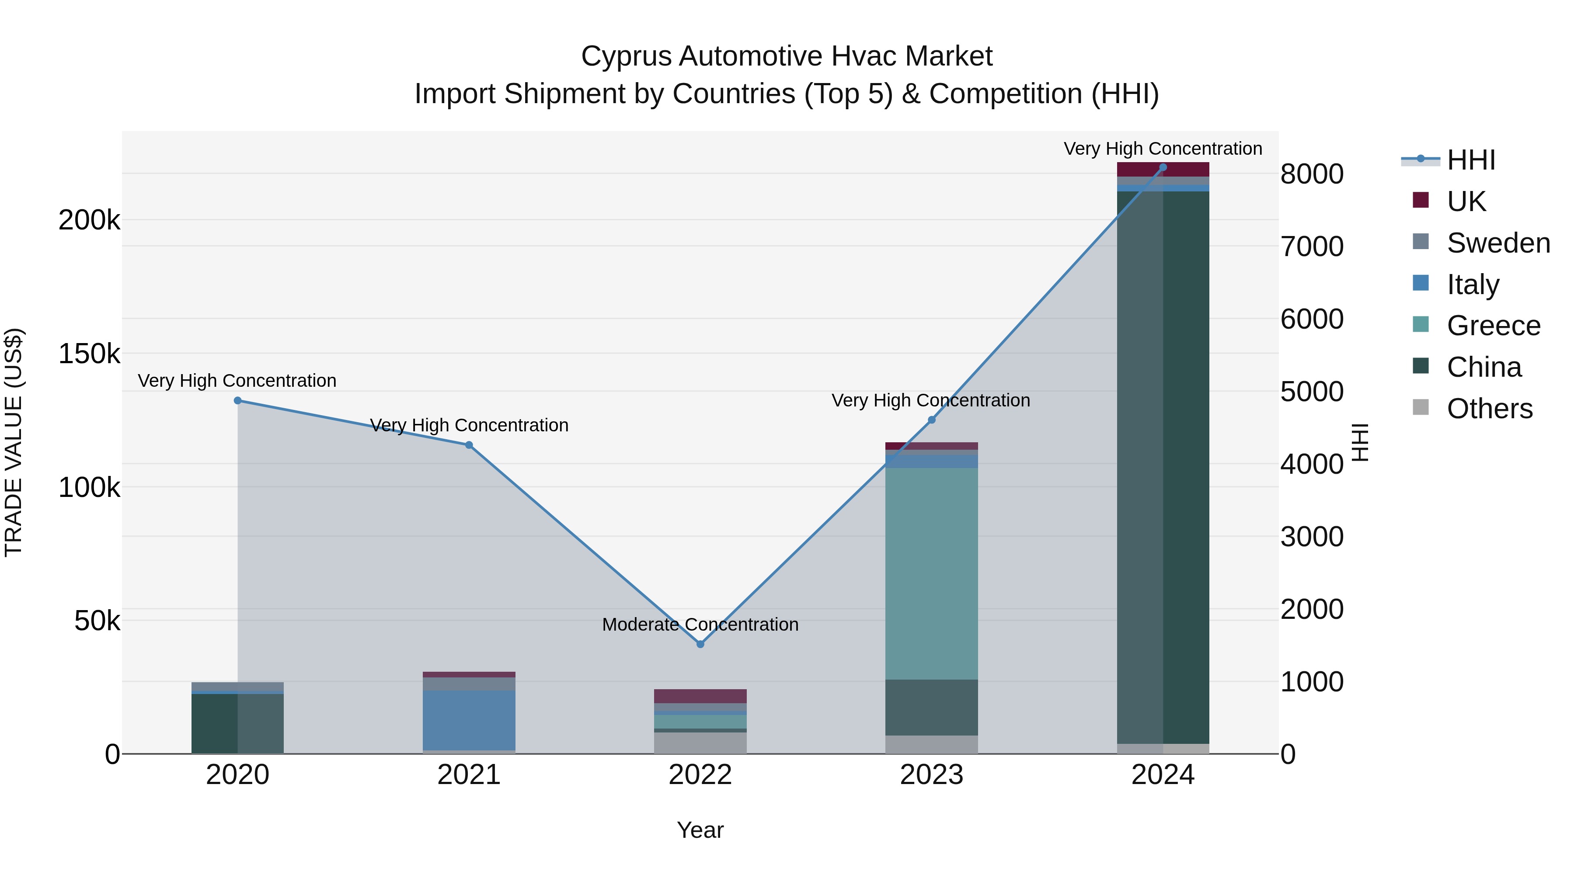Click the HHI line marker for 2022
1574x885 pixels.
[700, 644]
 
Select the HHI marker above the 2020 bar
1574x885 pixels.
[238, 401]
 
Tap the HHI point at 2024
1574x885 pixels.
[1163, 167]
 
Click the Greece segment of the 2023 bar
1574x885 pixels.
[931, 574]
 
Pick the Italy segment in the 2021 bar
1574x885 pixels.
[469, 720]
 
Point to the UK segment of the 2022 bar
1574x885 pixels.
[700, 696]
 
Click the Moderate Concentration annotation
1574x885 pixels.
[700, 624]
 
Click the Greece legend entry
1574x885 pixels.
[1494, 326]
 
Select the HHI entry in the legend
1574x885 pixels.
[1471, 160]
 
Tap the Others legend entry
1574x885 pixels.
[1489, 409]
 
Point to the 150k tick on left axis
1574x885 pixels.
[89, 354]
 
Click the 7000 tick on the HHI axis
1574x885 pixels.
[1312, 247]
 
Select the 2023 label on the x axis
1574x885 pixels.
[931, 775]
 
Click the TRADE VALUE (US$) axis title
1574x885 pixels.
[14, 442]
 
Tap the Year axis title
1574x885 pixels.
[700, 830]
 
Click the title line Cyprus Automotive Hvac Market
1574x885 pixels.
[787, 56]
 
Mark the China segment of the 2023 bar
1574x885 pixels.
[931, 707]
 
